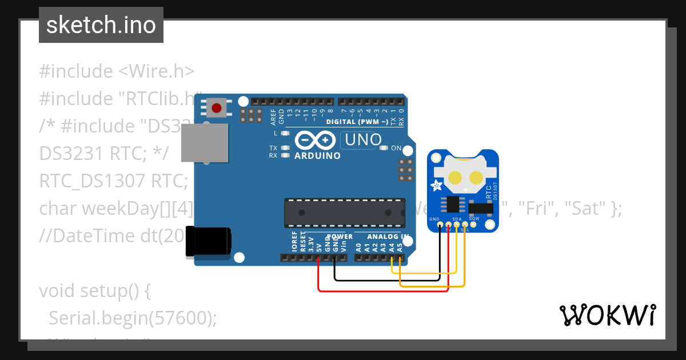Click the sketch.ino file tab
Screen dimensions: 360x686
click(101, 25)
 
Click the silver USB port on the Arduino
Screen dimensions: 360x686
click(204, 143)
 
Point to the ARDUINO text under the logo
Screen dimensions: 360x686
click(317, 155)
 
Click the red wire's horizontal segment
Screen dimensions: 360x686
click(383, 291)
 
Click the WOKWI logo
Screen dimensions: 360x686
click(607, 315)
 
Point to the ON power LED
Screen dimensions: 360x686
click(385, 148)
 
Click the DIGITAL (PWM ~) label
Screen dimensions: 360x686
click(357, 122)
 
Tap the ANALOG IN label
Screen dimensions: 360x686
click(388, 237)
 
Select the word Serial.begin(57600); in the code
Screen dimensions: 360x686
click(133, 318)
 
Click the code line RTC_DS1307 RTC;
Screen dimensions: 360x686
click(114, 181)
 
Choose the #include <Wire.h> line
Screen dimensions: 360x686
click(117, 71)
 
